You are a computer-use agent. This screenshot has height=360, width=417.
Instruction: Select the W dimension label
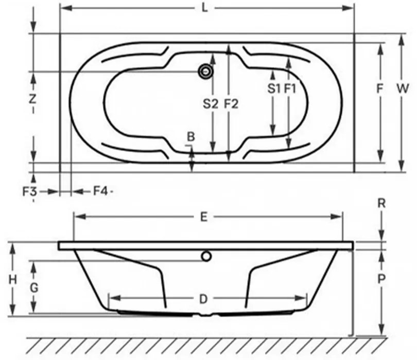click(x=403, y=88)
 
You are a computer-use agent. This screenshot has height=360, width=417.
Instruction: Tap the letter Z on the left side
click(x=32, y=99)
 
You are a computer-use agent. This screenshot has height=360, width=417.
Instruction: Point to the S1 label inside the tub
click(x=274, y=88)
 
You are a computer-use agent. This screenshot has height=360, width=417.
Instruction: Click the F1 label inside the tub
click(x=290, y=88)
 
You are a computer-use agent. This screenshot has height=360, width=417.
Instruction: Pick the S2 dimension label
click(x=211, y=103)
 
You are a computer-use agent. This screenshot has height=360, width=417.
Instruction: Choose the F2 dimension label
click(x=231, y=103)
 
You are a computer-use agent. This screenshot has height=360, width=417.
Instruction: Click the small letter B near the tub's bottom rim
click(x=190, y=137)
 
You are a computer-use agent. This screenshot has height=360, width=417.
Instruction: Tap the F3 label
click(x=29, y=191)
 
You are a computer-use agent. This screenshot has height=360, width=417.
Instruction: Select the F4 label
click(x=100, y=191)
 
